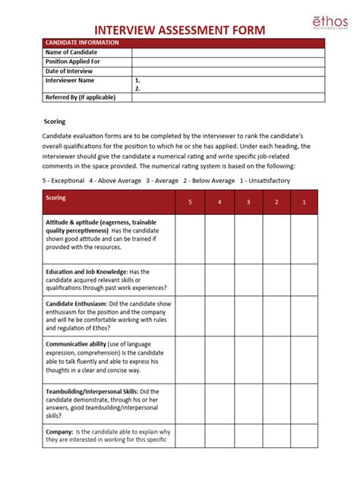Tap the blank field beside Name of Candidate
tap(228, 52)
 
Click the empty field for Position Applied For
tap(228, 61)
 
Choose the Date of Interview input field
tap(228, 70)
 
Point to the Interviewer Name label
tap(70, 80)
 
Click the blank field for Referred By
tap(228, 98)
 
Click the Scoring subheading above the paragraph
tap(54, 122)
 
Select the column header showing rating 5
tap(190, 202)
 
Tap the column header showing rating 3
tap(248, 202)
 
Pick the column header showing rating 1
tap(304, 202)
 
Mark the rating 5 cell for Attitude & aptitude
tap(190, 238)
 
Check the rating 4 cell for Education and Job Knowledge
tap(219, 279)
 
